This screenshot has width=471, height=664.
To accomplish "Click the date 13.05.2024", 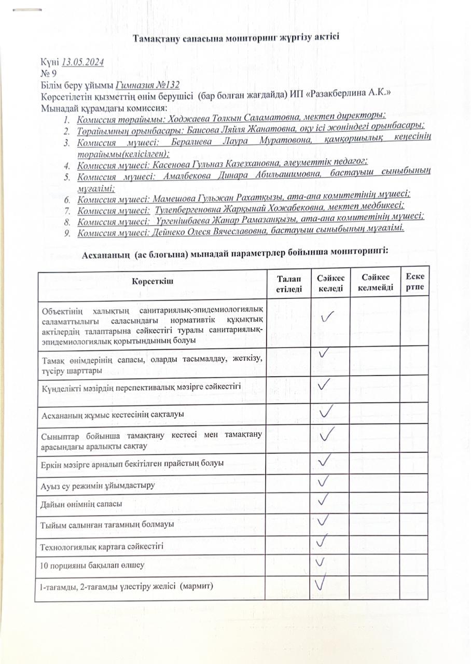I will coord(83,63).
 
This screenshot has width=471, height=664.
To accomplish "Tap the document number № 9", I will coord(49,73).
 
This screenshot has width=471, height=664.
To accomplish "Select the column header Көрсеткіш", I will coord(152,281).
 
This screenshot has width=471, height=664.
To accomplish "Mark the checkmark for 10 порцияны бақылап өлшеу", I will coord(321,561).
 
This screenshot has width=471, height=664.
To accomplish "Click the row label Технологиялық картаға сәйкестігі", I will coord(102,545).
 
